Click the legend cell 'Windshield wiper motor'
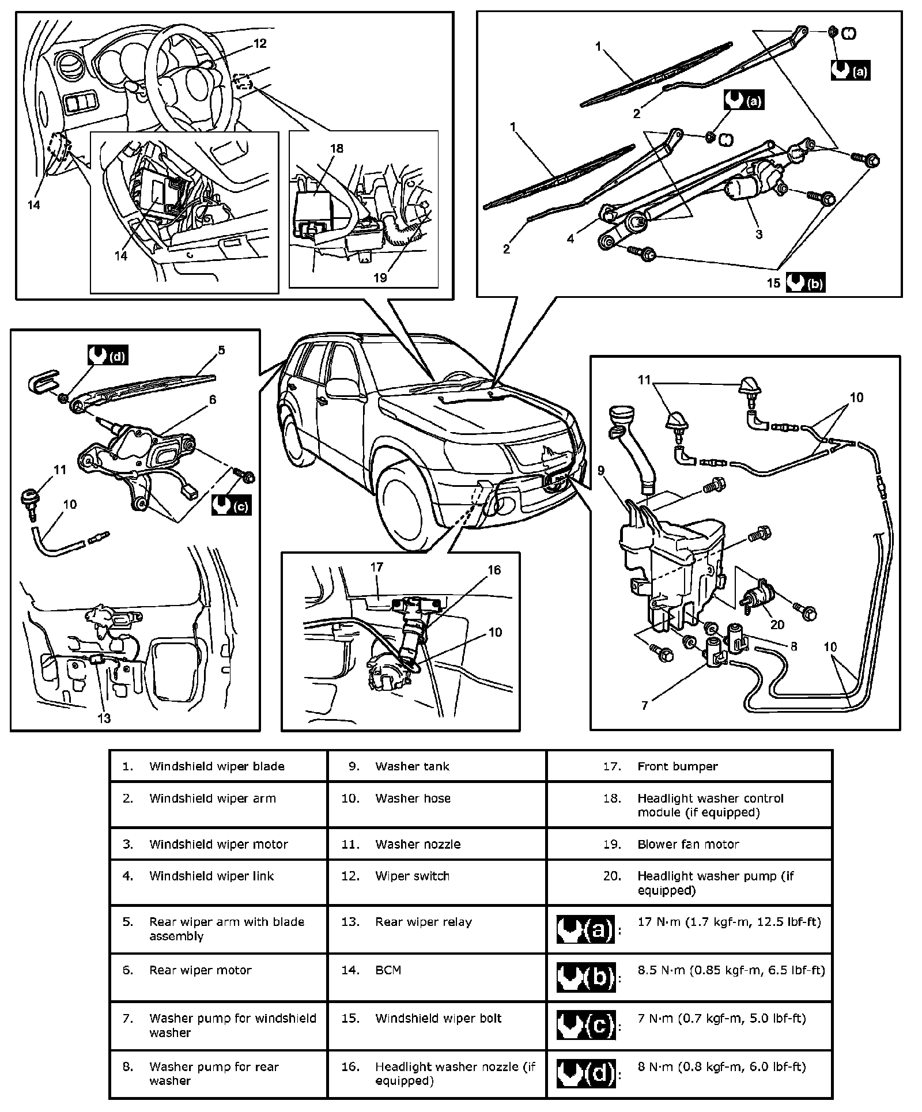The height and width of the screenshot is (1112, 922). (218, 844)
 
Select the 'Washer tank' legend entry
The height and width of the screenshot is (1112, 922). (412, 766)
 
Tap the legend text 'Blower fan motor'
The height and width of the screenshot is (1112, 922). (688, 844)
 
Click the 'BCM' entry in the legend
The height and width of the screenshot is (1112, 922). (388, 970)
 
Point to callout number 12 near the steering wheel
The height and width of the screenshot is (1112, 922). (260, 44)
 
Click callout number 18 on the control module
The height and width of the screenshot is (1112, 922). (337, 149)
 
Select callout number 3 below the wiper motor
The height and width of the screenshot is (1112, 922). (759, 234)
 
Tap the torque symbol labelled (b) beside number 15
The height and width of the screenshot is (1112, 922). (806, 283)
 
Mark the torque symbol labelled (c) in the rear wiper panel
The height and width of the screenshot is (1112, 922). (232, 505)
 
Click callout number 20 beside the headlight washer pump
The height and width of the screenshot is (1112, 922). (777, 625)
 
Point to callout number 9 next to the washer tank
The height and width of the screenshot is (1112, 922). (601, 471)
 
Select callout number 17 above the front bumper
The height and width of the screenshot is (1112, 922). (376, 568)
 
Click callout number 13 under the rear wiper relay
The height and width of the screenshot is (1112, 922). (104, 718)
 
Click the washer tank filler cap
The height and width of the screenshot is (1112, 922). (622, 414)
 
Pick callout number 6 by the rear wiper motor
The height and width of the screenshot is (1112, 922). (213, 399)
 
